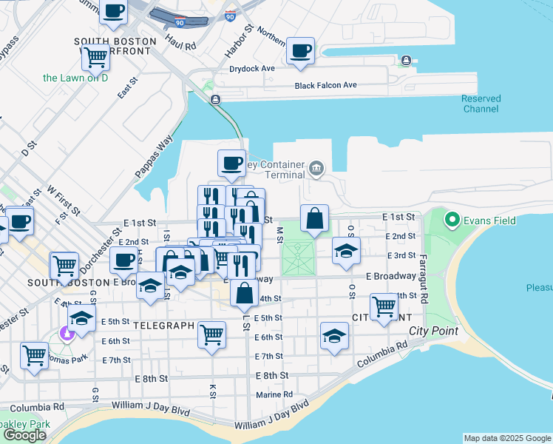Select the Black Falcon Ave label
point(325,85)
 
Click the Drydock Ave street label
point(252,68)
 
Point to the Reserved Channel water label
point(481,104)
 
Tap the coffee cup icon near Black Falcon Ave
point(300,51)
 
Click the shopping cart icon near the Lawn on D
point(95,56)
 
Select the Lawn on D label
point(75,77)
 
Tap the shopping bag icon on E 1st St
point(314,219)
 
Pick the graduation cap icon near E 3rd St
point(346,250)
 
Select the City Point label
point(433,331)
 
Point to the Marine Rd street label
point(274,394)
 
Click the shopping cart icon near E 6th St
point(211,334)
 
